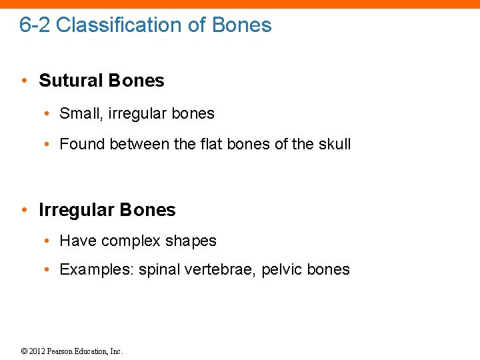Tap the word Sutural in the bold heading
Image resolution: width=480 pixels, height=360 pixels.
point(69,81)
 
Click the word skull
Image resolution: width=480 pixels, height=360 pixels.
point(333,144)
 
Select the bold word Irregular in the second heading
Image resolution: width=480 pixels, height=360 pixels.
point(74,210)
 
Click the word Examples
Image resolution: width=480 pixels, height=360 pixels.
point(97,270)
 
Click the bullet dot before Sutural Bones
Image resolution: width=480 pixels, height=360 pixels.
point(24,81)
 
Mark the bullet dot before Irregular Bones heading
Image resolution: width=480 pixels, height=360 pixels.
point(24,211)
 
